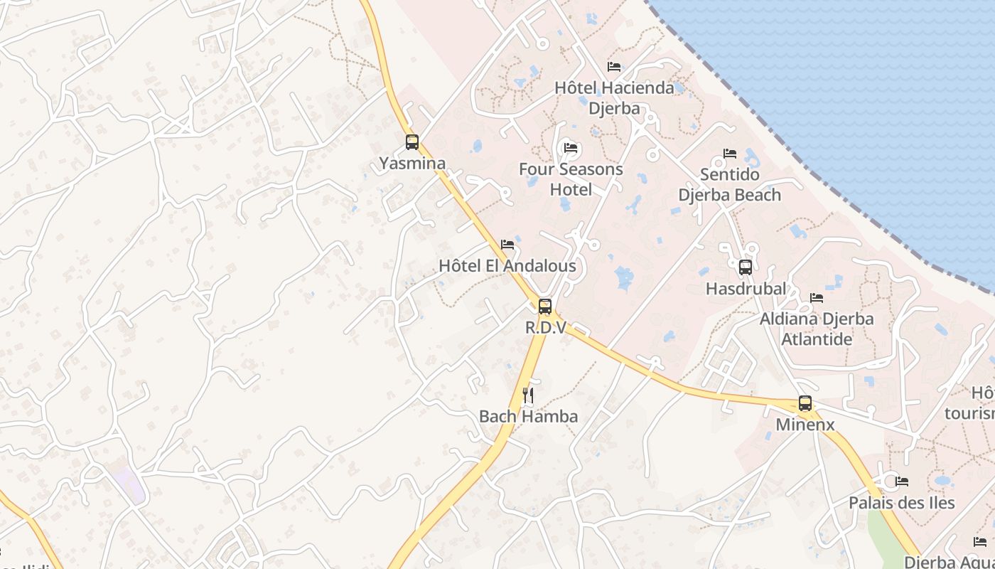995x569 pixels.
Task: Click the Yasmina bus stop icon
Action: click(412, 142)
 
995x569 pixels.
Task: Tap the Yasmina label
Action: click(412, 164)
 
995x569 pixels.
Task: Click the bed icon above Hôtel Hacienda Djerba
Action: click(614, 67)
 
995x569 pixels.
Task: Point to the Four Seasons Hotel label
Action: click(571, 179)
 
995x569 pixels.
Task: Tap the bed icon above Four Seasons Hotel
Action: click(571, 148)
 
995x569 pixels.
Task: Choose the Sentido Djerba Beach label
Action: click(730, 185)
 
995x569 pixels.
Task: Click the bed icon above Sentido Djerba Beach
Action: click(730, 154)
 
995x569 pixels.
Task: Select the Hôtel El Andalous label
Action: click(507, 266)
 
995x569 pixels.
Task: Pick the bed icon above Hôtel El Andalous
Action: click(507, 245)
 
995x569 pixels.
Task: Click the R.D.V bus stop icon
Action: click(545, 307)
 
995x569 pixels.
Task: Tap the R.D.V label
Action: click(545, 328)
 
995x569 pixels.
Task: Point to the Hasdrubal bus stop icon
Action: click(746, 267)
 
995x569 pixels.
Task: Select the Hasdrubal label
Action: click(746, 289)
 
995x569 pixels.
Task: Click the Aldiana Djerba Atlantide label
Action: click(817, 329)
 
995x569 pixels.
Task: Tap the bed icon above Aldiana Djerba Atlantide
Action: click(817, 298)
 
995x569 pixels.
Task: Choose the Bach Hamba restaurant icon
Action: click(528, 395)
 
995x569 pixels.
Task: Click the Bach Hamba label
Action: click(528, 417)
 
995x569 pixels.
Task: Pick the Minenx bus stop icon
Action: click(805, 403)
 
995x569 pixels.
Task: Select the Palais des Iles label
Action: click(902, 503)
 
